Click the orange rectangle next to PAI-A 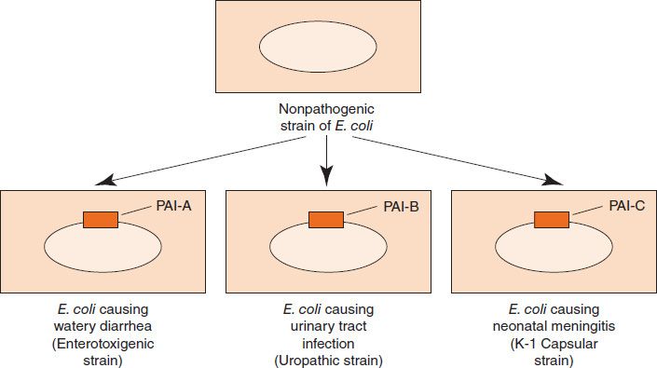click(101, 220)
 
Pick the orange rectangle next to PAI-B click(326, 220)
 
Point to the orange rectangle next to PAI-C click(552, 220)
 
